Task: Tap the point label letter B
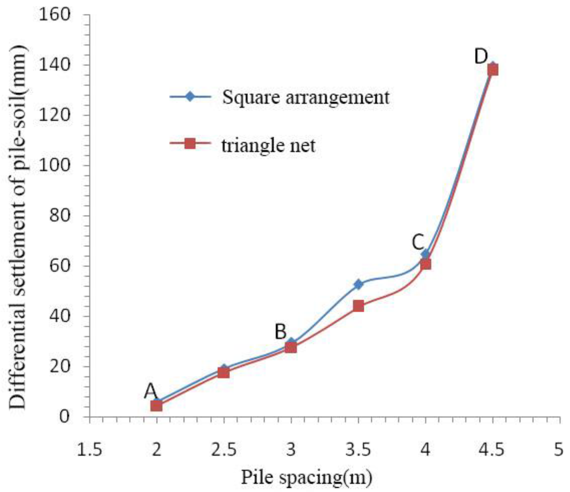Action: (281, 332)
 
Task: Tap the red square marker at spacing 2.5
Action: (224, 373)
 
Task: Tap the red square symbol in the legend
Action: (190, 143)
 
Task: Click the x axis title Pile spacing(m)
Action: (307, 478)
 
